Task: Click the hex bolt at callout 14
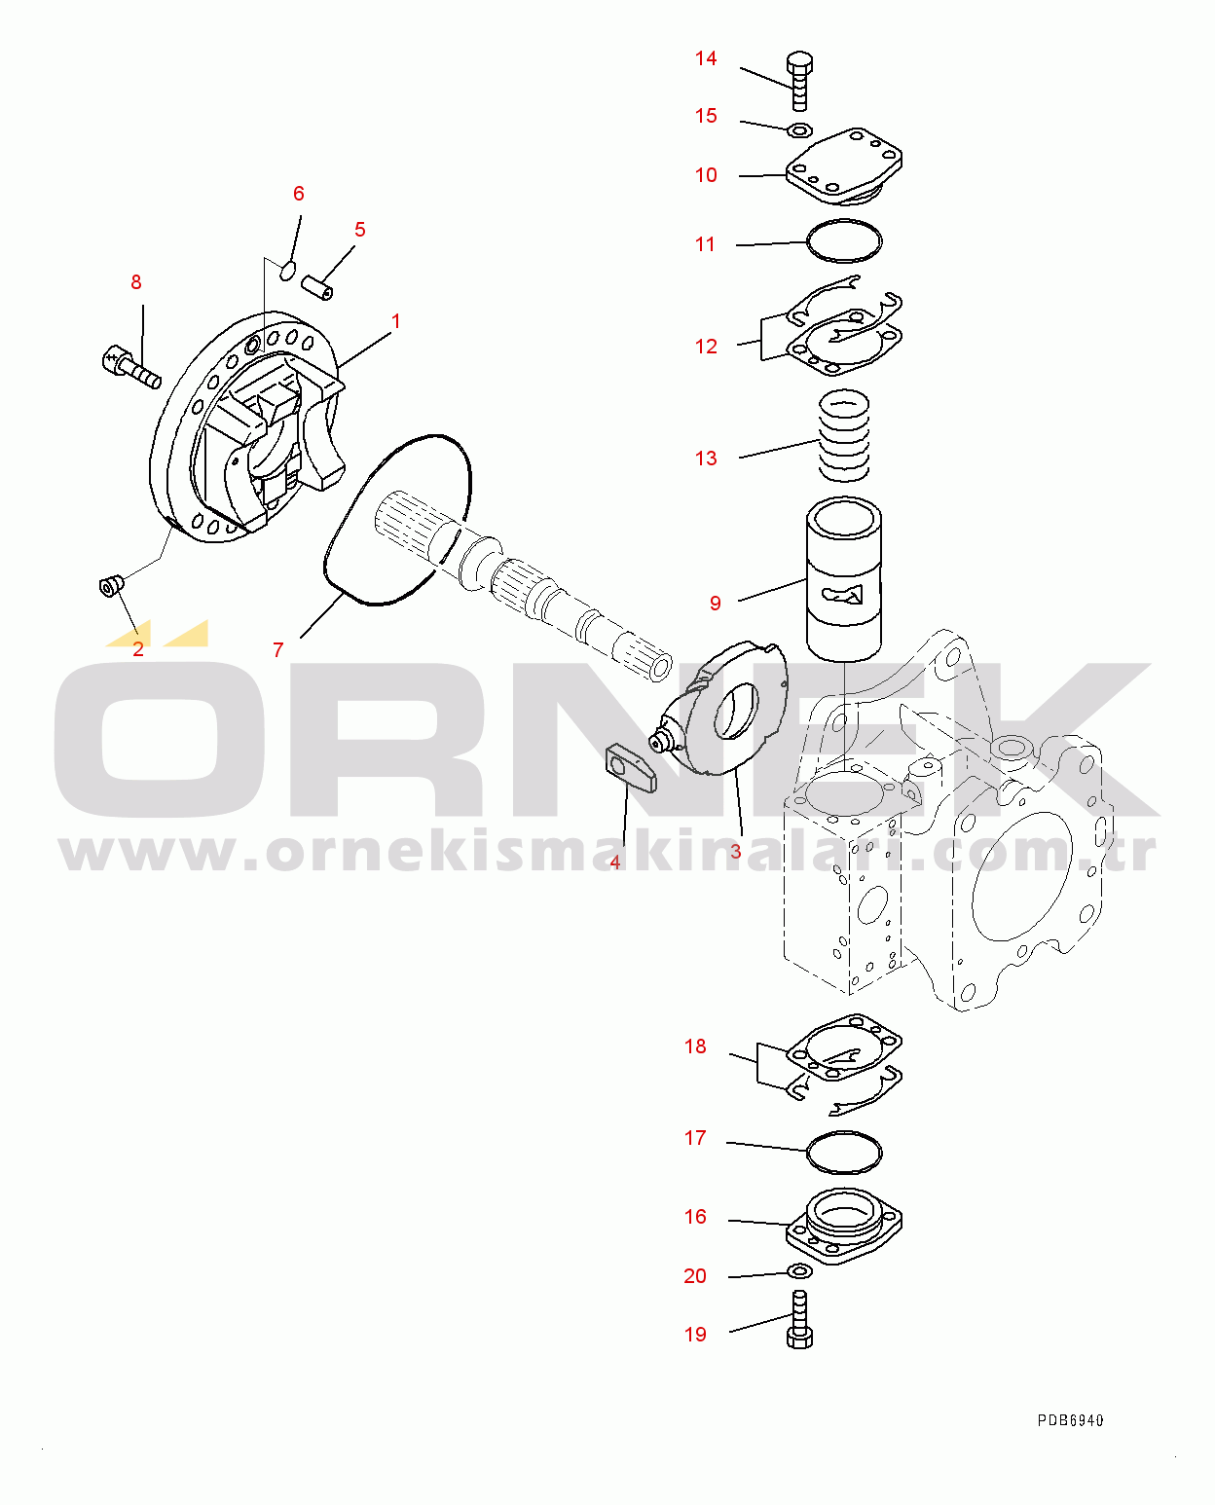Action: click(x=799, y=81)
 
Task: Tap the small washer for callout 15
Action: click(x=799, y=130)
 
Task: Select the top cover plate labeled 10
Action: click(x=844, y=166)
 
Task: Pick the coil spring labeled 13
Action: click(x=843, y=435)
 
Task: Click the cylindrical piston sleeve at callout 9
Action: click(x=844, y=578)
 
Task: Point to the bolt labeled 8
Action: click(x=131, y=367)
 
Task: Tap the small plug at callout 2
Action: click(x=111, y=586)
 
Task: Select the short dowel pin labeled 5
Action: click(x=317, y=287)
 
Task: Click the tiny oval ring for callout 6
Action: click(x=287, y=271)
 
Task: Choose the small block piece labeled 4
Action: click(x=631, y=767)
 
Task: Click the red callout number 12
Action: click(x=706, y=347)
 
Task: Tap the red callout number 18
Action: click(x=695, y=1046)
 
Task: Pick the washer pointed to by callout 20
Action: click(x=799, y=1271)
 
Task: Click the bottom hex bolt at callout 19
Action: click(x=799, y=1319)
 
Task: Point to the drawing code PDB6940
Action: click(x=1070, y=1420)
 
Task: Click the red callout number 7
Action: click(x=278, y=649)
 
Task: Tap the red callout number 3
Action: click(x=735, y=852)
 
